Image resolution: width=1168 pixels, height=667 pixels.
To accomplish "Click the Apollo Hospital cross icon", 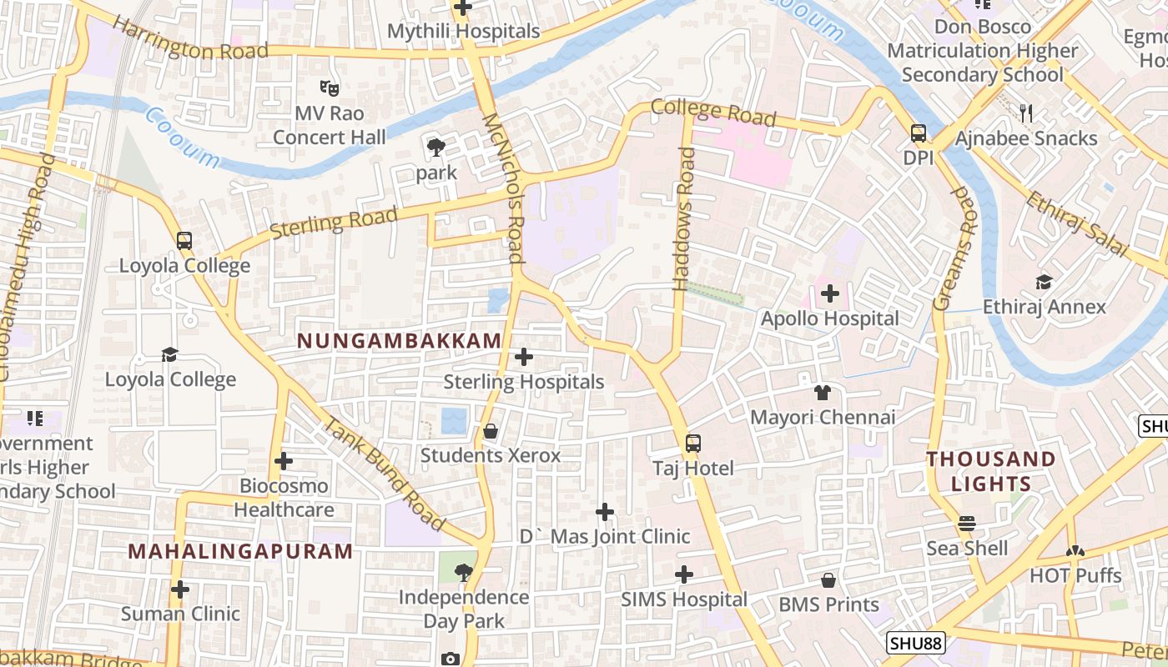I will [830, 293].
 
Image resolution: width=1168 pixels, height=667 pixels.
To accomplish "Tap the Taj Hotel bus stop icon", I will [693, 444].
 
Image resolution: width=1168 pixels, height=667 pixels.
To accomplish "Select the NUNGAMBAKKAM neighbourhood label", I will [400, 340].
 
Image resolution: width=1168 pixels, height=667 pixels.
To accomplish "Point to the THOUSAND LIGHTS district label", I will [991, 471].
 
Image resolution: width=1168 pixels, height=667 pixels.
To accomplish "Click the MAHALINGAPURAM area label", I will [241, 551].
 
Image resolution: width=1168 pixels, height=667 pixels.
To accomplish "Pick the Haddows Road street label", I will [684, 219].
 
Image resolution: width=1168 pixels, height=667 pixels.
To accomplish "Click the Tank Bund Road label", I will [385, 474].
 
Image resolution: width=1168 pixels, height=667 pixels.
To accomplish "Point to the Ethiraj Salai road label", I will [1076, 223].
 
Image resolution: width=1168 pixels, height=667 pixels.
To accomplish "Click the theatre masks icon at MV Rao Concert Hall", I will [330, 87].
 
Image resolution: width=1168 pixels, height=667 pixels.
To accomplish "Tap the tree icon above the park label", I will [435, 148].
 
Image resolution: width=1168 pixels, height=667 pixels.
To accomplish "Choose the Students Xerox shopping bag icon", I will [491, 431].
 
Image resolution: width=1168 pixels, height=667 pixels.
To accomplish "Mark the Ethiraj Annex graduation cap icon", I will [1044, 282].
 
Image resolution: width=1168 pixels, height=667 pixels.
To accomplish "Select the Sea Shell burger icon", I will [967, 524].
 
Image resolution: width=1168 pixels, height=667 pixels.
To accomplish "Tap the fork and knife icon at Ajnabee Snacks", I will [1026, 113].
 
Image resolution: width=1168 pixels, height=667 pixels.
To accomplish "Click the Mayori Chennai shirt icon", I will [823, 393].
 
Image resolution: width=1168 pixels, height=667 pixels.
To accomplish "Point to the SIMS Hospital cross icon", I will [684, 574].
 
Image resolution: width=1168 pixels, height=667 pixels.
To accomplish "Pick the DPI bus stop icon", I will [919, 133].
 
